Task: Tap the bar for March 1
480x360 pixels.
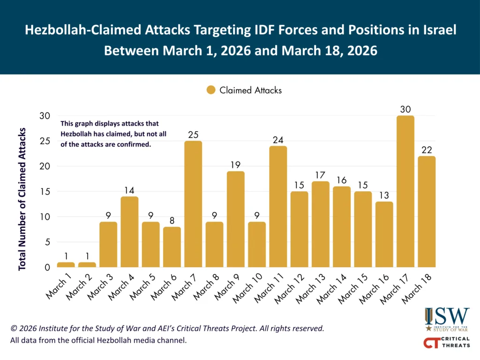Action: pyautogui.click(x=66, y=265)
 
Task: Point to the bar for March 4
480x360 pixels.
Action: pyautogui.click(x=129, y=232)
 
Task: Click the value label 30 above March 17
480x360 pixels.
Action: pyautogui.click(x=405, y=109)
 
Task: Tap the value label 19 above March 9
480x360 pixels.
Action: pyautogui.click(x=235, y=165)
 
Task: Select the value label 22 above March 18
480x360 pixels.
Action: pyautogui.click(x=427, y=150)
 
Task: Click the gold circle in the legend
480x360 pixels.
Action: pyautogui.click(x=211, y=90)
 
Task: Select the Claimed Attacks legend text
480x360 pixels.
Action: pyautogui.click(x=250, y=90)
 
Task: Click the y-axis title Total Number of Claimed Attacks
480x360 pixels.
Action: pyautogui.click(x=22, y=199)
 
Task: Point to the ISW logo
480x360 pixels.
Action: pyautogui.click(x=447, y=319)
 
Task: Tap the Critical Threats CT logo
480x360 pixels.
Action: pyautogui.click(x=446, y=342)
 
